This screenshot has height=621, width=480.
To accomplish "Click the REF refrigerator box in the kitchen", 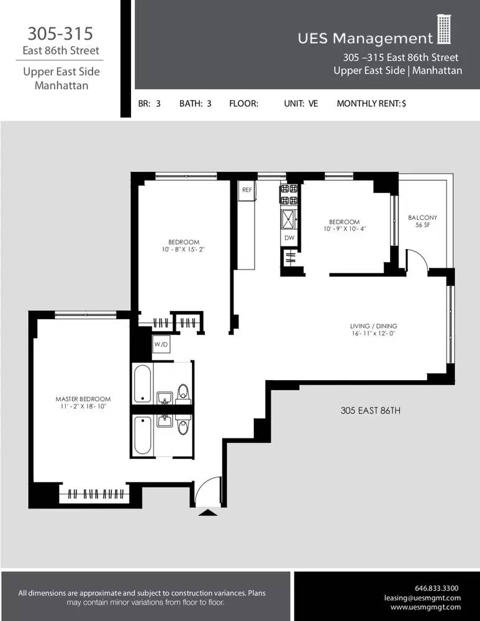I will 247,190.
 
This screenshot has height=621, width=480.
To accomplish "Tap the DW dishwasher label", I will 289,238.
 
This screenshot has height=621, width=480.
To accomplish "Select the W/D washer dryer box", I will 161,345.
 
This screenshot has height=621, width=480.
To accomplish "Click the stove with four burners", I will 289,194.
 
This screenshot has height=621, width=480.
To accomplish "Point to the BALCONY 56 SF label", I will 422,221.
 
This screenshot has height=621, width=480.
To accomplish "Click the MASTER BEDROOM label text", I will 83,399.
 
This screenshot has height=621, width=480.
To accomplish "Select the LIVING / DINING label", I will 373,326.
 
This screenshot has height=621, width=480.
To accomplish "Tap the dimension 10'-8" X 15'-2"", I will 183,250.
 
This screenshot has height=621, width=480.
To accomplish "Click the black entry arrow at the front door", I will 207,512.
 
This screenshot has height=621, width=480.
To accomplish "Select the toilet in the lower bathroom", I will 183,428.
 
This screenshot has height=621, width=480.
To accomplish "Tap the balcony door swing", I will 417,260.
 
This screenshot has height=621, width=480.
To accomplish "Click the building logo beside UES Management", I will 443,30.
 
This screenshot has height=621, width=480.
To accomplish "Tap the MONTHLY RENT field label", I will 371,104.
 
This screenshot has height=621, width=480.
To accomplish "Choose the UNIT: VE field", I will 301,104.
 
